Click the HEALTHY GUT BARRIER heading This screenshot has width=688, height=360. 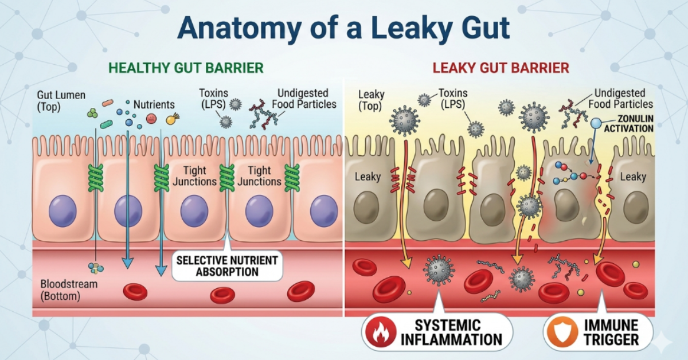[186, 68]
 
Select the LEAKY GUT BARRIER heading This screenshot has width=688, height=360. [501, 68]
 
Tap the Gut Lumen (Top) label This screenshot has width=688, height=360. [61, 101]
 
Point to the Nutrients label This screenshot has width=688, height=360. [154, 105]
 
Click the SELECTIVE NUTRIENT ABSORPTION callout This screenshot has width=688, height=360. [227, 266]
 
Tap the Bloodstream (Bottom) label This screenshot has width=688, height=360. [69, 290]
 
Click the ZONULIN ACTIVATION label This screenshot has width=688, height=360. [628, 123]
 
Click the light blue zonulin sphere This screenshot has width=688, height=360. [596, 123]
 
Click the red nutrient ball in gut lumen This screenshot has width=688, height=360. [151, 118]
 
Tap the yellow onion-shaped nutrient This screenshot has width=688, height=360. [173, 119]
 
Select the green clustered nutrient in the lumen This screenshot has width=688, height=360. [92, 113]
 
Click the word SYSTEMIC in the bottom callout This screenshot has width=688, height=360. [448, 326]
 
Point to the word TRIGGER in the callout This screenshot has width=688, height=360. [611, 340]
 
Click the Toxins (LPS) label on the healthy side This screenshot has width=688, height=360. [213, 99]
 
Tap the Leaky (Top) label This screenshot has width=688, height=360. [371, 100]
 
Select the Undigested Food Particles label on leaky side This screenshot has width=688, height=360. [620, 99]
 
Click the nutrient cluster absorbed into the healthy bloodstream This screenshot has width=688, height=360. [96, 268]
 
